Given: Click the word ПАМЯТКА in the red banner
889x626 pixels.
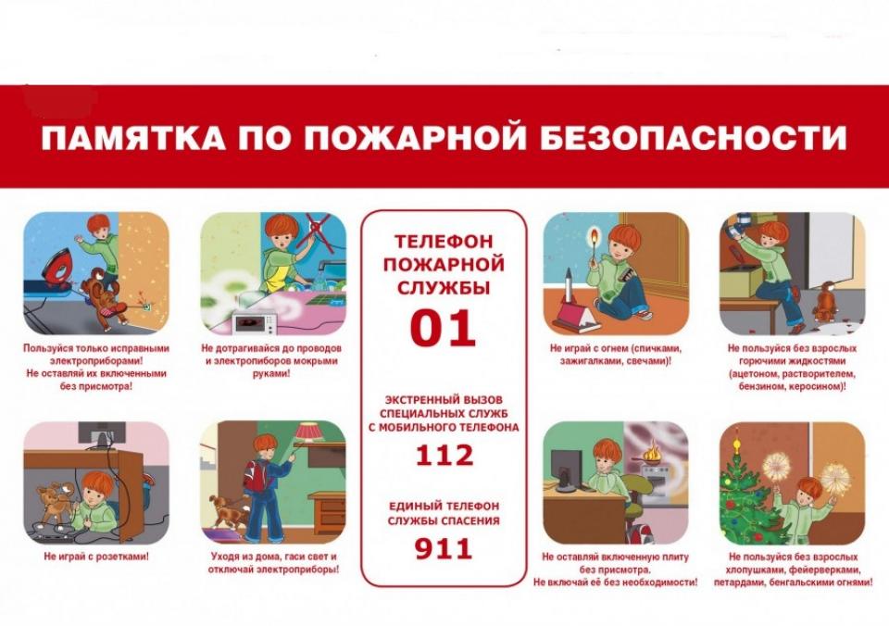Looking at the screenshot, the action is pyautogui.click(x=132, y=138).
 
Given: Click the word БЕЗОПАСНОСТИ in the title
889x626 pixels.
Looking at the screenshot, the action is pyautogui.click(x=693, y=138).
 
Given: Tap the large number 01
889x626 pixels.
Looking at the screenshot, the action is pyautogui.click(x=443, y=329).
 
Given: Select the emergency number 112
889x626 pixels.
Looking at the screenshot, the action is pyautogui.click(x=444, y=456).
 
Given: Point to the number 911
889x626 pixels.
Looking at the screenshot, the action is pyautogui.click(x=444, y=549).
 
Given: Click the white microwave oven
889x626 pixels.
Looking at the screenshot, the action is pyautogui.click(x=254, y=324).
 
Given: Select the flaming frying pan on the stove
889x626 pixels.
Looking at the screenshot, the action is pyautogui.click(x=653, y=455).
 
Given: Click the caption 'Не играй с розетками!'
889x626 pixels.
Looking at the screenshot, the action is pyautogui.click(x=96, y=557).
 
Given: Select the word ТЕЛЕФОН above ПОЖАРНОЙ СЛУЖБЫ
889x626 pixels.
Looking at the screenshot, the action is pyautogui.click(x=444, y=242).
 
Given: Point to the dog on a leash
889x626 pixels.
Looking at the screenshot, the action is pyautogui.click(x=226, y=508).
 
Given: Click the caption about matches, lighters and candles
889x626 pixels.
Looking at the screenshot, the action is pyautogui.click(x=616, y=355).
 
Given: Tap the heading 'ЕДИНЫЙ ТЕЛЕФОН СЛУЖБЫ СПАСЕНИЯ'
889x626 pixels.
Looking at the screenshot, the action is pyautogui.click(x=444, y=513).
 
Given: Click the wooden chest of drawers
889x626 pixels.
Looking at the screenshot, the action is pyautogui.click(x=327, y=509).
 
